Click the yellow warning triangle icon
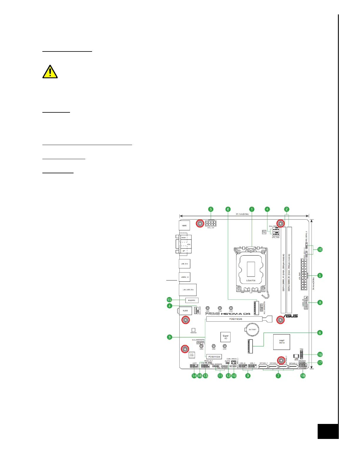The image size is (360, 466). pos(50,72)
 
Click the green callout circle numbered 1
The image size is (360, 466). pos(252,209)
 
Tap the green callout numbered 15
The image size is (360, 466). pos(169,300)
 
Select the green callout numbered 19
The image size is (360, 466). pos(320,355)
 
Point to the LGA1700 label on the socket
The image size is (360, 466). pos(251,281)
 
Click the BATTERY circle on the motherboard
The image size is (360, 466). pos(252,329)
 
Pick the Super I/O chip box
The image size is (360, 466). pos(226,337)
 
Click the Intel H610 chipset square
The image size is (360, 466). pos(282,342)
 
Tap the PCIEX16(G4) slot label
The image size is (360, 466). pos(236,319)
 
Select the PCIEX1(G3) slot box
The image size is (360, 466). pos(214,357)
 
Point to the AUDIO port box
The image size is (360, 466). pos(185,311)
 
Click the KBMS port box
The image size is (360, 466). pos(184,226)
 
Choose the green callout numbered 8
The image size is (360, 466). pos(320,302)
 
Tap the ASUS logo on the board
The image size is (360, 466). pos(291,316)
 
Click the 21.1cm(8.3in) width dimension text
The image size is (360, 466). pos(242,214)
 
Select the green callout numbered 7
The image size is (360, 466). pos(278,376)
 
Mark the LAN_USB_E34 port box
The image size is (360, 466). pos(188,290)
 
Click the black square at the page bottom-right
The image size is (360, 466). pos(328,431)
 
